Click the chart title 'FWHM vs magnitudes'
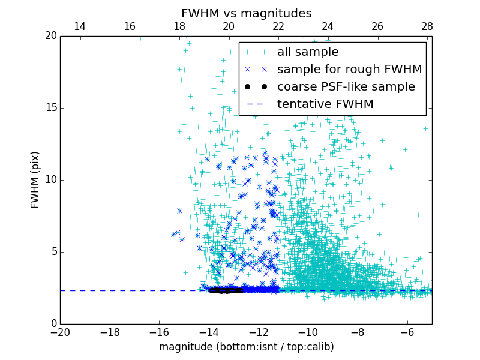tap(246, 13)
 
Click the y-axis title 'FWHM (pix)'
tap(35, 180)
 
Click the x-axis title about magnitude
tap(246, 347)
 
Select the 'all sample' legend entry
tap(308, 52)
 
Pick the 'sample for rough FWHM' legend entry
tap(349, 70)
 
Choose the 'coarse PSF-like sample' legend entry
tap(346, 87)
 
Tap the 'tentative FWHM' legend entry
tap(325, 104)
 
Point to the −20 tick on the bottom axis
tap(60, 332)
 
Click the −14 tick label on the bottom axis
tap(208, 332)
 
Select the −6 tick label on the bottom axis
tap(407, 332)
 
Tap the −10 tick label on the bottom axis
tap(307, 332)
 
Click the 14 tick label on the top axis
tap(80, 26)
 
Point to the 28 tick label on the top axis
tap(427, 26)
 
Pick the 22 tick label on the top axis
tap(278, 26)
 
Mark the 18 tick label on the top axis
tap(179, 26)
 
